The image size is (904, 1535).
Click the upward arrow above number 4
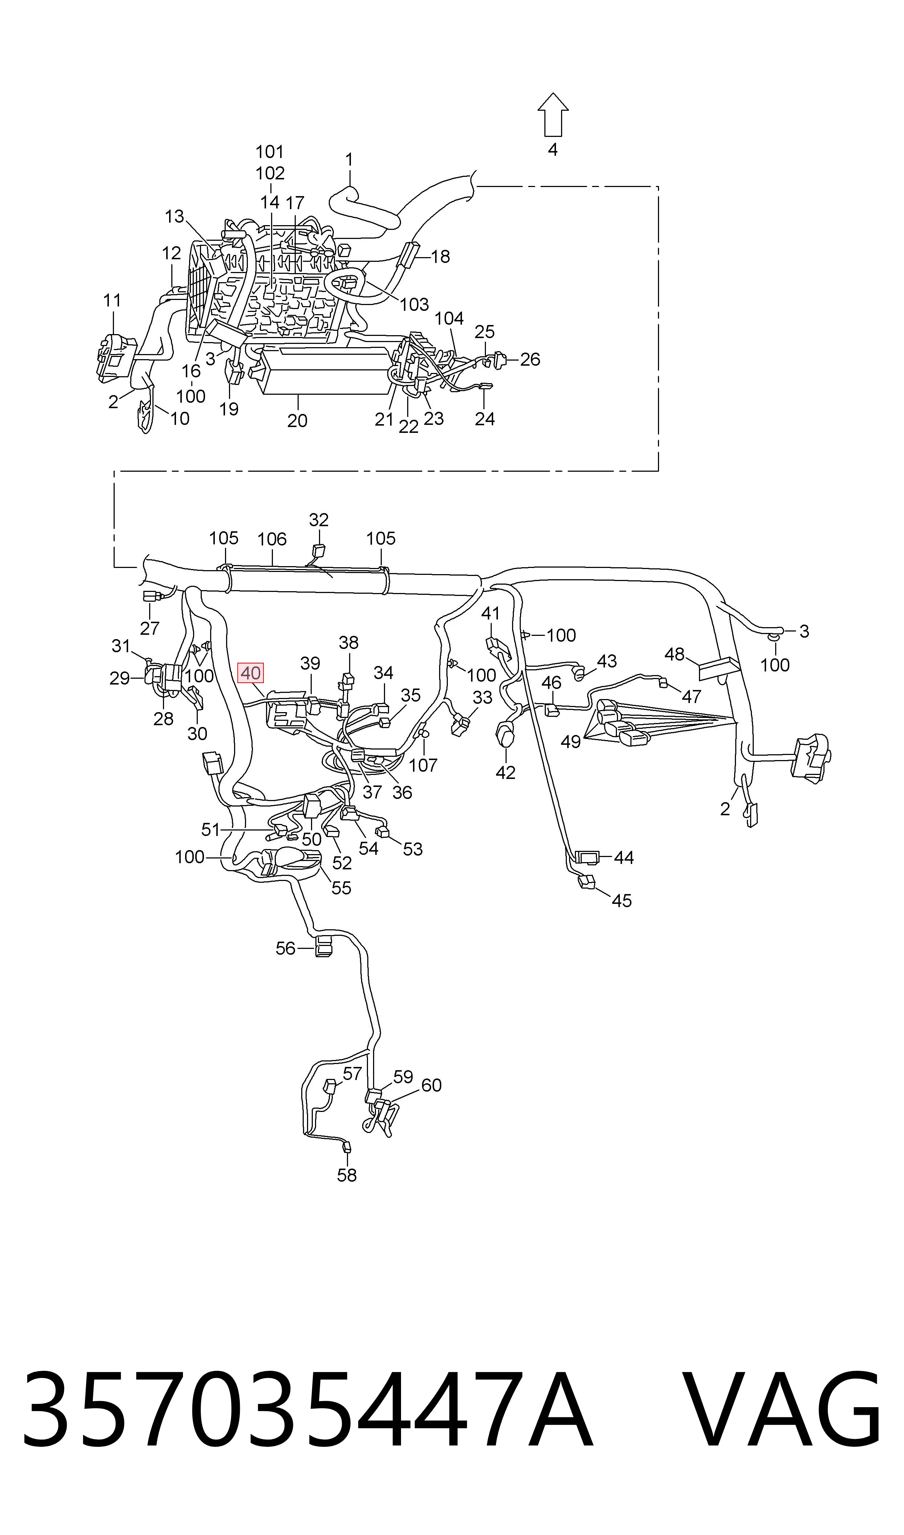pos(552,114)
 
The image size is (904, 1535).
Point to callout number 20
pos(297,421)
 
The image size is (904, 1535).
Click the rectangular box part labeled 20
pos(326,370)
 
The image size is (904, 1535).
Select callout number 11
pos(112,300)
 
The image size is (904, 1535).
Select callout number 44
pos(624,858)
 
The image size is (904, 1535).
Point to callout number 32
pos(319,520)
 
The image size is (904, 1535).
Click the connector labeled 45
pos(586,882)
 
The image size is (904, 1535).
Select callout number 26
pos(530,360)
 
